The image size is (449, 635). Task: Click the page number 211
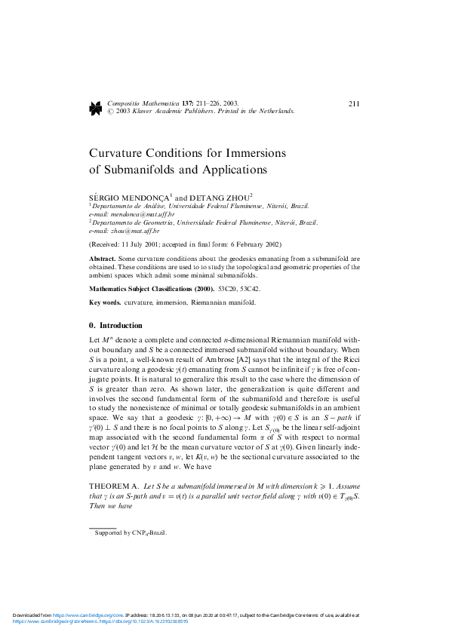tap(353, 104)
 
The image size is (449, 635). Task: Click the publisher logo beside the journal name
tap(95, 107)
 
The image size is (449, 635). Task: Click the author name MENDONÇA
tap(143, 196)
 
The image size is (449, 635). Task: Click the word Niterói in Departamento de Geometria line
tap(282, 222)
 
